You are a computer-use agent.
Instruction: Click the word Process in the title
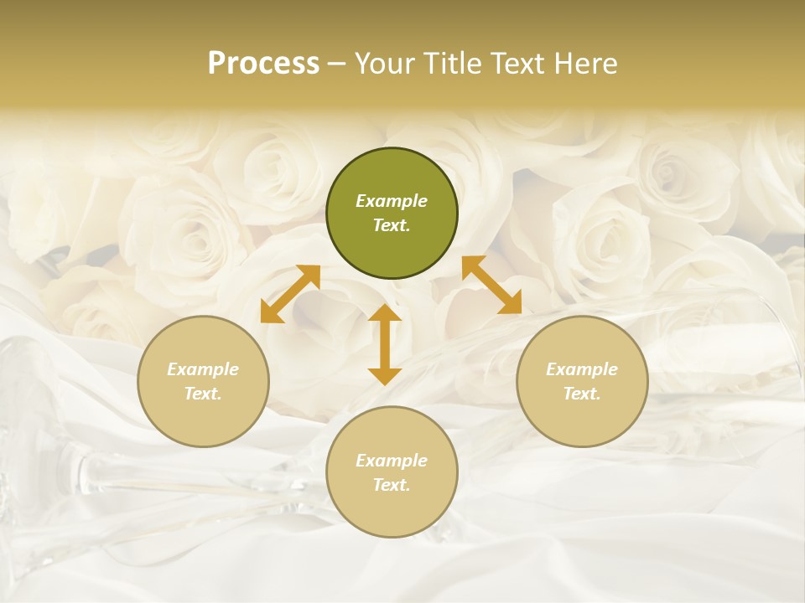263,64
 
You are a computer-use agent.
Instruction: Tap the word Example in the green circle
392,201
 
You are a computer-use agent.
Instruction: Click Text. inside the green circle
392,225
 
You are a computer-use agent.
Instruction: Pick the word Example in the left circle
203,369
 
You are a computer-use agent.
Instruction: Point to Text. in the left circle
203,394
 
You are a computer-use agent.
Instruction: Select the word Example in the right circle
582,369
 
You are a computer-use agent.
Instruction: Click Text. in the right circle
582,394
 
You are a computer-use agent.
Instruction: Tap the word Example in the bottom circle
392,461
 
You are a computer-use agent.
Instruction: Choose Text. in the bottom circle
392,485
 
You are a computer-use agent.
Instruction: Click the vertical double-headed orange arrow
385,344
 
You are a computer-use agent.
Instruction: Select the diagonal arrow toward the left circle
290,294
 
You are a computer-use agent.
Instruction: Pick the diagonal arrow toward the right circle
492,286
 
